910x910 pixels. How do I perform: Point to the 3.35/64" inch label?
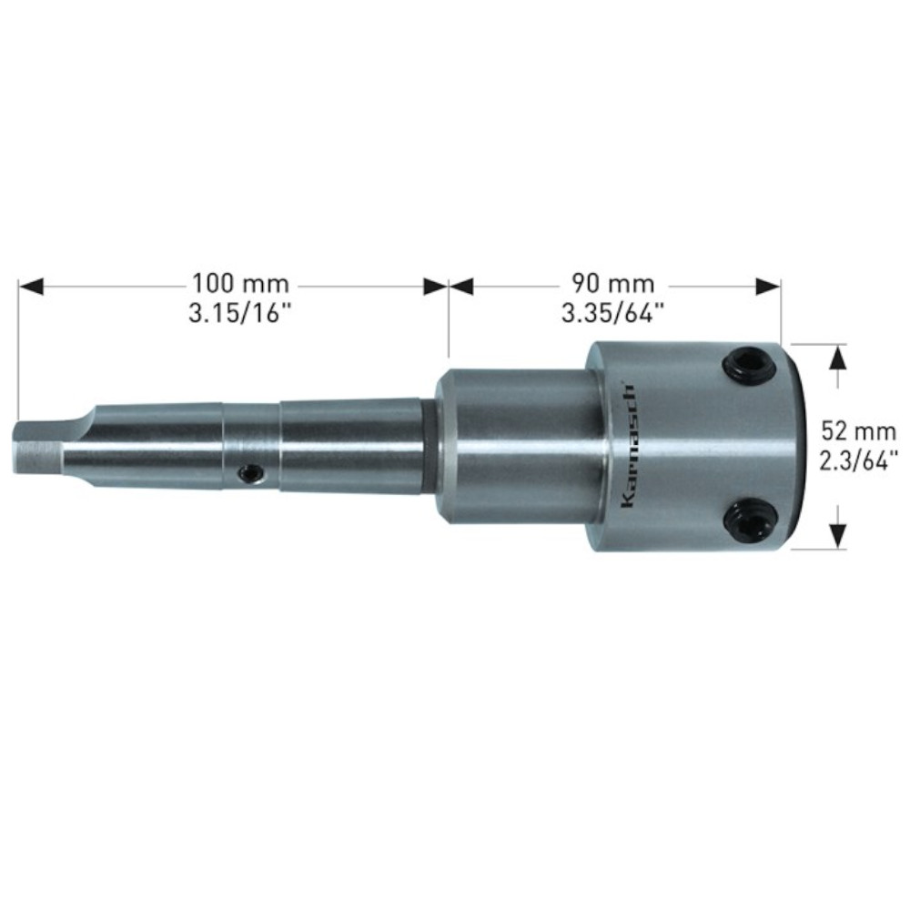coord(613,314)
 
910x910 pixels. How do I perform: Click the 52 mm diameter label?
coord(852,428)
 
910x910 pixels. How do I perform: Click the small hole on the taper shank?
coord(248,471)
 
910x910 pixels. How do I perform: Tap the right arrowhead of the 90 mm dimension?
coord(770,287)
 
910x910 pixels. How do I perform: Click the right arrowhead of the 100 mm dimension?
coord(437,287)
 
